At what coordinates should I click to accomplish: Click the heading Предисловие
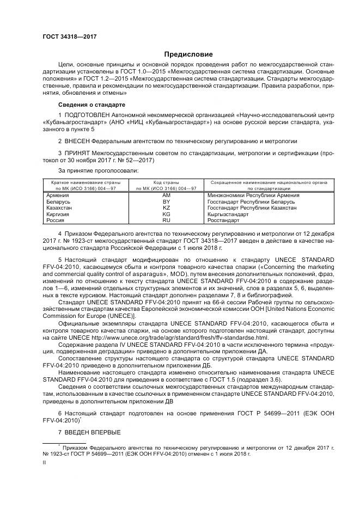[189, 54]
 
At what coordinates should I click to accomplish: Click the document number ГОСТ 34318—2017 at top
[66, 36]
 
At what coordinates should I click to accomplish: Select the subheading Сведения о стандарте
[91, 104]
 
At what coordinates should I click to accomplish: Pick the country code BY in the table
[167, 201]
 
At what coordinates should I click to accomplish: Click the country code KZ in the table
[167, 208]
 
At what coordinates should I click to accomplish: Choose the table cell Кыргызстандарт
[228, 214]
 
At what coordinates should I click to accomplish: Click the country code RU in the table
[167, 220]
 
